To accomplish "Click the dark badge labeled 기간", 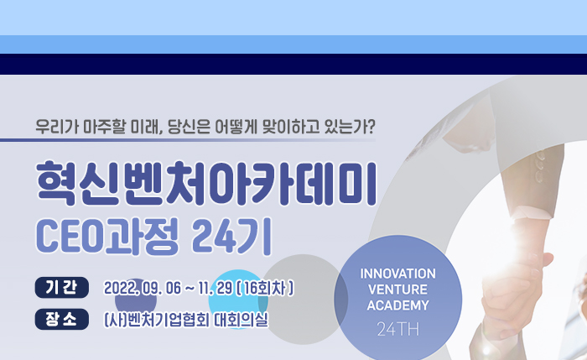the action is (62, 287).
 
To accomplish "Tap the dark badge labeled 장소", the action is (62, 319).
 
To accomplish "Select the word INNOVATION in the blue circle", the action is (398, 274).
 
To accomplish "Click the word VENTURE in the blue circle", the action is (398, 290).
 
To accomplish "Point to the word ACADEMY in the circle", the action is (398, 305).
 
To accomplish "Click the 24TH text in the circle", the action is (398, 330).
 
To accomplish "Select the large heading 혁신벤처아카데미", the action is (206, 183).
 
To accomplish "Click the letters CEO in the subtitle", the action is (70, 237).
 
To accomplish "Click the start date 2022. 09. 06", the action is (143, 289).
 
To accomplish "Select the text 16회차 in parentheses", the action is (264, 289).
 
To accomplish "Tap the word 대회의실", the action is (242, 321).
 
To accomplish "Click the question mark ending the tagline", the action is (370, 127).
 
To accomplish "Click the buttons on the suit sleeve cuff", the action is (538, 169).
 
